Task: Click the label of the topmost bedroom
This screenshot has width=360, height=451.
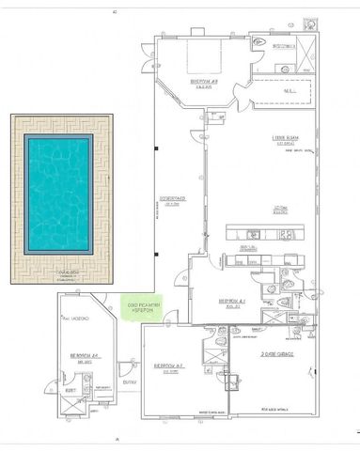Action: [x=205, y=82]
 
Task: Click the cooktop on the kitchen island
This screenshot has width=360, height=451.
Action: [x=290, y=235]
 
